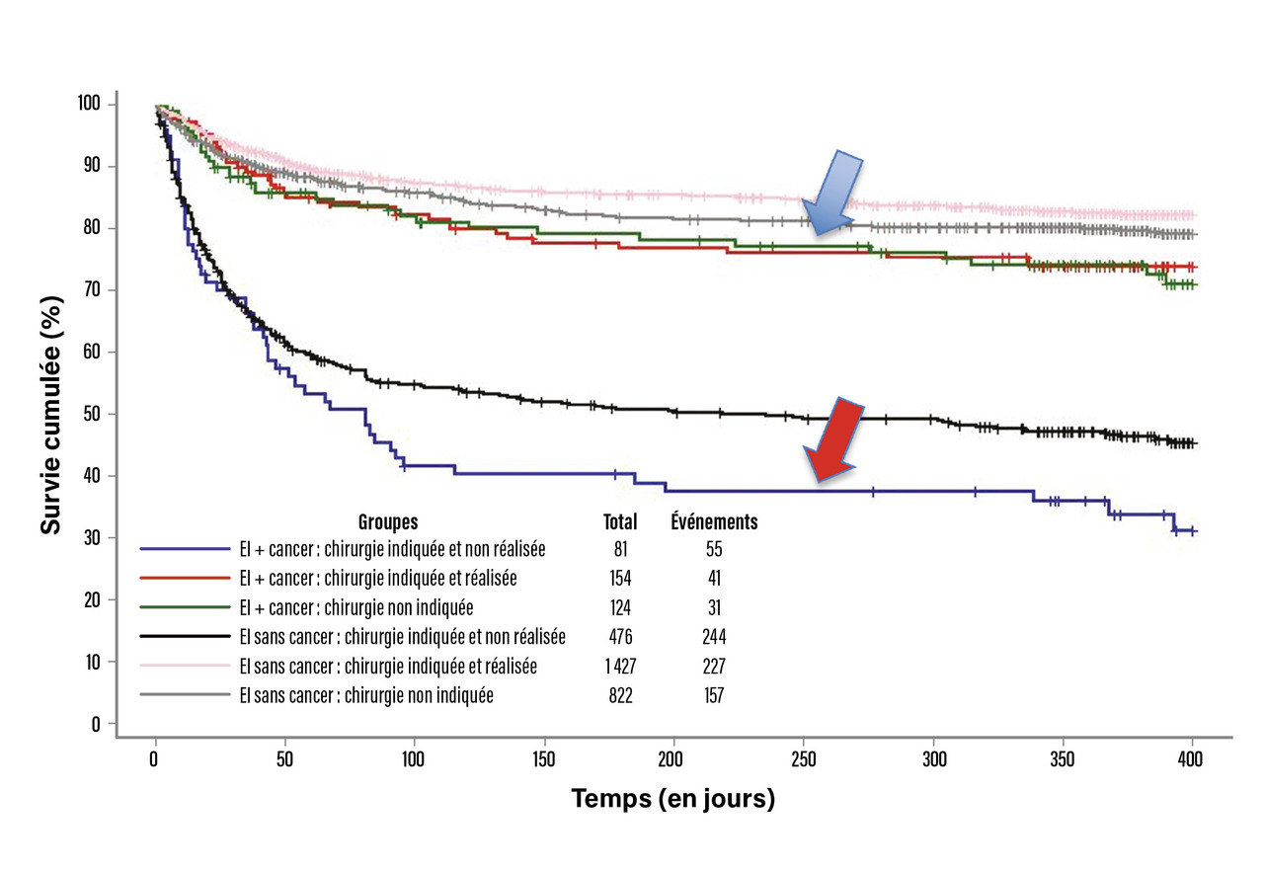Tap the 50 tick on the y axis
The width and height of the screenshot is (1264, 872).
(x=94, y=414)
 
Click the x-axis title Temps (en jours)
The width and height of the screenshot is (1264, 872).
(x=673, y=799)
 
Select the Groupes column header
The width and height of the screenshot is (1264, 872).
(x=388, y=521)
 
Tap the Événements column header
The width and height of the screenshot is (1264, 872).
(x=714, y=521)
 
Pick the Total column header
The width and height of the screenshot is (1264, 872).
(x=620, y=521)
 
